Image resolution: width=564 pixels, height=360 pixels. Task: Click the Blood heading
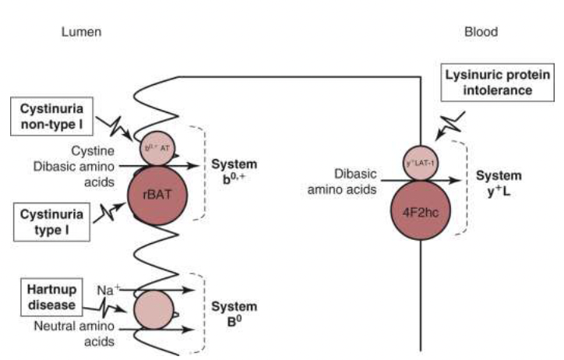pos(481,33)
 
